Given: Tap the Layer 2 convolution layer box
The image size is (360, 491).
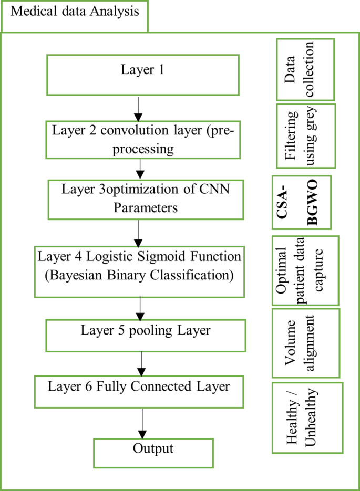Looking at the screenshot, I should pos(143,139).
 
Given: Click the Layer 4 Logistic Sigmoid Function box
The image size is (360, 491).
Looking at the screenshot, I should pos(139,266).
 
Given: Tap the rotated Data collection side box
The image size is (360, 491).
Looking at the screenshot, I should pos(305,69).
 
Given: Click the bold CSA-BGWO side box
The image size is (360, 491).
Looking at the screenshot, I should pos(302,203).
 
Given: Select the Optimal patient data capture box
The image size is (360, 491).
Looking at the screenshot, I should pos(305,270).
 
